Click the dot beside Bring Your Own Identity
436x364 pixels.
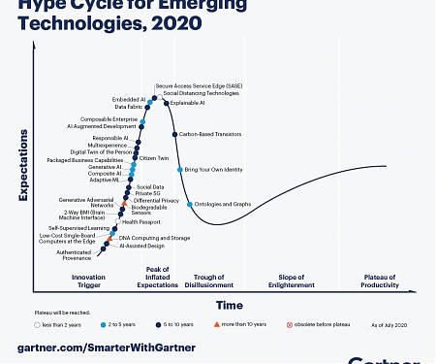[x=180, y=170]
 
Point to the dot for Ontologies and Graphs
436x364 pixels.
[x=189, y=204]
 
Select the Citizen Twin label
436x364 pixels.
[x=156, y=157]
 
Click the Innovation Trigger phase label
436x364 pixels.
[x=88, y=281]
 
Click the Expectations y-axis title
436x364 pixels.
[x=23, y=175]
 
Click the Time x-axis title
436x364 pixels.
[x=229, y=304]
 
